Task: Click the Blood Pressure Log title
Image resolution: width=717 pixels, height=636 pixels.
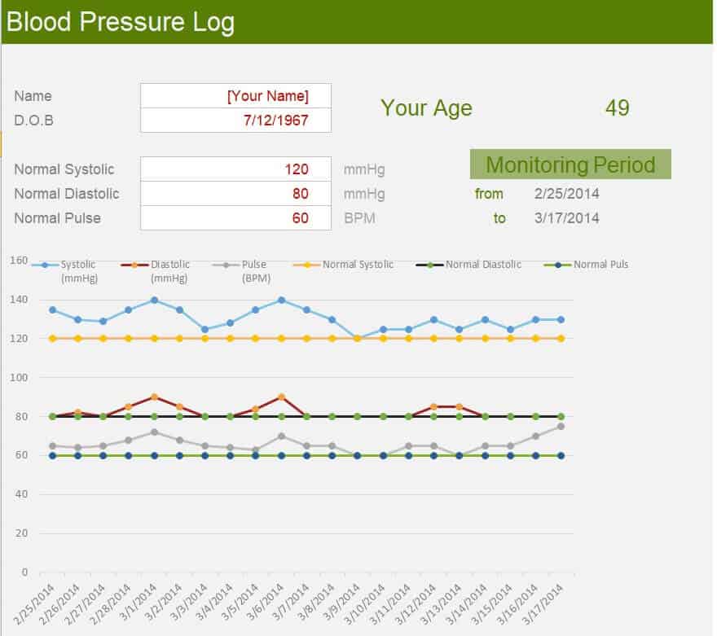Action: [121, 22]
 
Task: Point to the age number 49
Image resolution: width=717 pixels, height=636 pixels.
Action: [617, 107]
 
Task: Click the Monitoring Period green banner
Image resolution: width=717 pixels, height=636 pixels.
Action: [570, 164]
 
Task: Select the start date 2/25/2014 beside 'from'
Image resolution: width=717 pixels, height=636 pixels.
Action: [566, 194]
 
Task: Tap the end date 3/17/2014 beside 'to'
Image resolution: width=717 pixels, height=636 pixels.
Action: [566, 218]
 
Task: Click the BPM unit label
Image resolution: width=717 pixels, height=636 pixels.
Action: [359, 218]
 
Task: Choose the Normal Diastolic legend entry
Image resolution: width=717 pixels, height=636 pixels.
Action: [473, 265]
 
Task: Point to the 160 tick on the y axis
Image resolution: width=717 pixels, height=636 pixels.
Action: [19, 261]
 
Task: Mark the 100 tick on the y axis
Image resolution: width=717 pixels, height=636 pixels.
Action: [19, 378]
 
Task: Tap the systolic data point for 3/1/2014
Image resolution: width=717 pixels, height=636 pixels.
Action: [154, 300]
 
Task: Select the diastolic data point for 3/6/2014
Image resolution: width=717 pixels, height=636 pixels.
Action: [281, 397]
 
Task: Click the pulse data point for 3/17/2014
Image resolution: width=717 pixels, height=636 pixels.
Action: [561, 427]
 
